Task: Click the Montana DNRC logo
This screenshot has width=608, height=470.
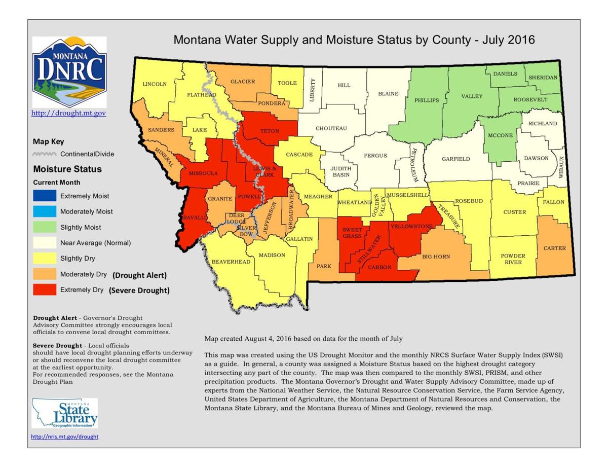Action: [x=69, y=71]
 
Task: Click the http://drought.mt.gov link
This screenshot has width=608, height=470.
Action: [x=69, y=114]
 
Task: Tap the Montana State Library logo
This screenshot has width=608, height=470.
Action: [x=64, y=413]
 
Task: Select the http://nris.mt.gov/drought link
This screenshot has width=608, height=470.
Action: [x=65, y=437]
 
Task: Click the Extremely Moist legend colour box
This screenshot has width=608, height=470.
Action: [x=45, y=196]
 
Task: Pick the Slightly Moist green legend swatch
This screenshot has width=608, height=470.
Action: [x=45, y=227]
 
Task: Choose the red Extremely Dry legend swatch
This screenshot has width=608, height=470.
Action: [x=45, y=290]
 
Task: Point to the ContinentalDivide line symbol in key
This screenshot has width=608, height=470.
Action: [x=45, y=154]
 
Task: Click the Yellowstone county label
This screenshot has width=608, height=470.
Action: [x=411, y=226]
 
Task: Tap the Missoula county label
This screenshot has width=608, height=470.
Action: [x=203, y=173]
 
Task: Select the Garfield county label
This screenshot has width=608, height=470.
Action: [x=455, y=159]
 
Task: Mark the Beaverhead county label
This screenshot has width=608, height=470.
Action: [x=231, y=262]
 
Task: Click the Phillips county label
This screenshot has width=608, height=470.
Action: [x=427, y=100]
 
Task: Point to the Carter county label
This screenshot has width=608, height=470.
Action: [x=555, y=248]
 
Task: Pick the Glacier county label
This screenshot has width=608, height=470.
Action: [x=243, y=82]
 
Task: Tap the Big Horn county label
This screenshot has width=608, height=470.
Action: [x=436, y=257]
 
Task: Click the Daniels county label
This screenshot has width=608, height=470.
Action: [x=505, y=74]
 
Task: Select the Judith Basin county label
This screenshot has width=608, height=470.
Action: [x=341, y=171]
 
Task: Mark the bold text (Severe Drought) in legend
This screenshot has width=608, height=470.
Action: [x=139, y=291]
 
